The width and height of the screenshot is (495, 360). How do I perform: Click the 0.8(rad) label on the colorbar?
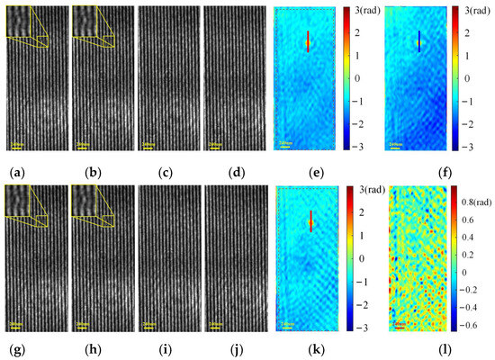click(x=474, y=190)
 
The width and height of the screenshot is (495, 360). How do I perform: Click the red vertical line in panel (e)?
click(x=308, y=41)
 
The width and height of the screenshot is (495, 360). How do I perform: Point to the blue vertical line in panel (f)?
click(x=418, y=41)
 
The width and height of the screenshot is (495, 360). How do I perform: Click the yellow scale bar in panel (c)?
click(x=148, y=146)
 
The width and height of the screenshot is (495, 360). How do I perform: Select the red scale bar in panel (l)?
click(x=399, y=324)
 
